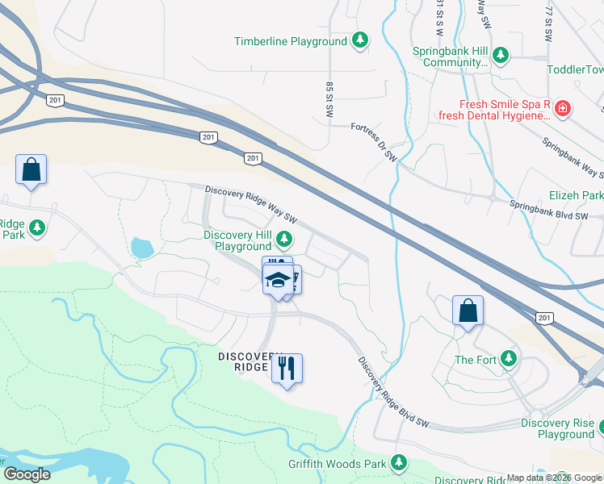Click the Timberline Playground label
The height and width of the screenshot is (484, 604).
click(x=291, y=41)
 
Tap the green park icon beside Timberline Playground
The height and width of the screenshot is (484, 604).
click(x=361, y=40)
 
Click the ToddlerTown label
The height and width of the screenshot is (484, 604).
click(x=574, y=70)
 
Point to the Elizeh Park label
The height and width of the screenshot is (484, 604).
click(x=576, y=195)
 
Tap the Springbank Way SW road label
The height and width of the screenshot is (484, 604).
click(x=573, y=159)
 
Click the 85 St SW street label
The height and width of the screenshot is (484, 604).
click(x=329, y=101)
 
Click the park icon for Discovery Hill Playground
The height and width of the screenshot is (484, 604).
click(x=283, y=238)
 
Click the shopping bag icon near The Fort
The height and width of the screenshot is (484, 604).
click(x=468, y=311)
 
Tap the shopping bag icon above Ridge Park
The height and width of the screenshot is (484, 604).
click(x=31, y=169)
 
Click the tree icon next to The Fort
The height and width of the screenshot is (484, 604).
click(x=508, y=359)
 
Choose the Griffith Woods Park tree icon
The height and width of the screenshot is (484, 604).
click(x=398, y=462)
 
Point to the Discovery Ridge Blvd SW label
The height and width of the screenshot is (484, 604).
click(x=393, y=394)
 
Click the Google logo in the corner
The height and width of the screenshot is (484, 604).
click(x=26, y=474)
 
